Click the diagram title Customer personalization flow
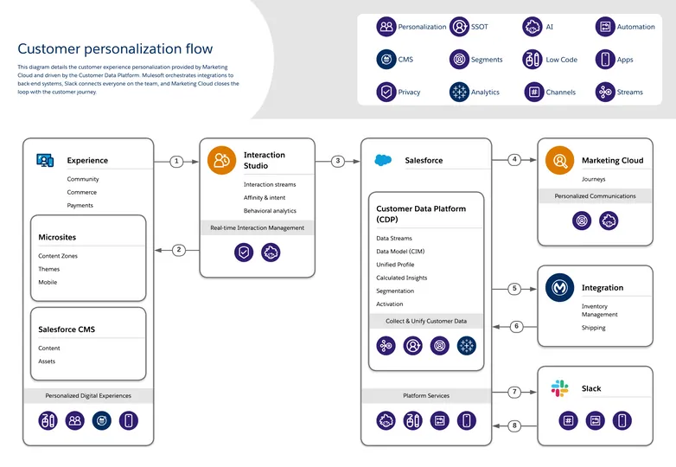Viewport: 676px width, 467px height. (115, 49)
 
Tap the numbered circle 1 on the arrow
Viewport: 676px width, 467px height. (176, 161)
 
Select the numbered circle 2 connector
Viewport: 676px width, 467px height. (179, 250)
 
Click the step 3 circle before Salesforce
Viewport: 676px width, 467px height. (338, 161)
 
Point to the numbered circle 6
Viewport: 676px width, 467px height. (515, 326)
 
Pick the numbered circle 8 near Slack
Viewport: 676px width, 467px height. (515, 425)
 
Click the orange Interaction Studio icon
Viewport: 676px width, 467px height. (222, 160)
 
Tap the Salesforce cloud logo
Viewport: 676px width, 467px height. (384, 160)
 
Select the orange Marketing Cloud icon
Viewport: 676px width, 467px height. (560, 160)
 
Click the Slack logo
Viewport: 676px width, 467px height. (560, 388)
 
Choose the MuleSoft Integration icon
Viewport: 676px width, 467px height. (560, 287)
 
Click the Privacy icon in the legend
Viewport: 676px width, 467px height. (386, 92)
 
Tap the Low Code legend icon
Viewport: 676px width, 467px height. (533, 60)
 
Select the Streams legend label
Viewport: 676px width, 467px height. (629, 92)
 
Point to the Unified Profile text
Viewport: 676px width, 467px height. (395, 265)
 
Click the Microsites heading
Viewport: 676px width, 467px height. (57, 237)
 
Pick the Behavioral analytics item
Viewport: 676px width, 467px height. (270, 210)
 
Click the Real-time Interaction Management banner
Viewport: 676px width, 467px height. (257, 228)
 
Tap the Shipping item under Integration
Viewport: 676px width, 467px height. (593, 328)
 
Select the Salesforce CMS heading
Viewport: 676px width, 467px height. (67, 329)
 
